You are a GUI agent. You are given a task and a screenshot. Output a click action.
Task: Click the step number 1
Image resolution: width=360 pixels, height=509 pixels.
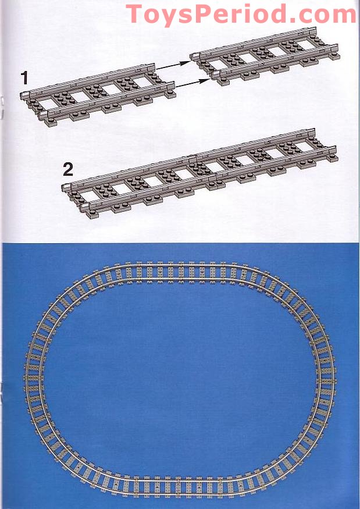coord(24,76)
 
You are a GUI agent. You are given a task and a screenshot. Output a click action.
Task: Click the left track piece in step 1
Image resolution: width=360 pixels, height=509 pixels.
coord(99,95)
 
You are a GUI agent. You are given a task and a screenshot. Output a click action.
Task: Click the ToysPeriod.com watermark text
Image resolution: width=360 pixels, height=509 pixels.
coord(241,13)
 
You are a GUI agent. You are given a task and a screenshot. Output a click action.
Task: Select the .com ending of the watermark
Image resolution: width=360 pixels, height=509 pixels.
coord(325,13)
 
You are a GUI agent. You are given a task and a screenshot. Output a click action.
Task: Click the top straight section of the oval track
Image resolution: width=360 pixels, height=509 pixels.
coord(180,271)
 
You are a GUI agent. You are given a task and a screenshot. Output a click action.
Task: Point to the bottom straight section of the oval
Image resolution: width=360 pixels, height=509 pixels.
coord(180,485)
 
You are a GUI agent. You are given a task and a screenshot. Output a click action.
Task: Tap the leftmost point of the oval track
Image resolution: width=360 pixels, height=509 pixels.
coord(31,378)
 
